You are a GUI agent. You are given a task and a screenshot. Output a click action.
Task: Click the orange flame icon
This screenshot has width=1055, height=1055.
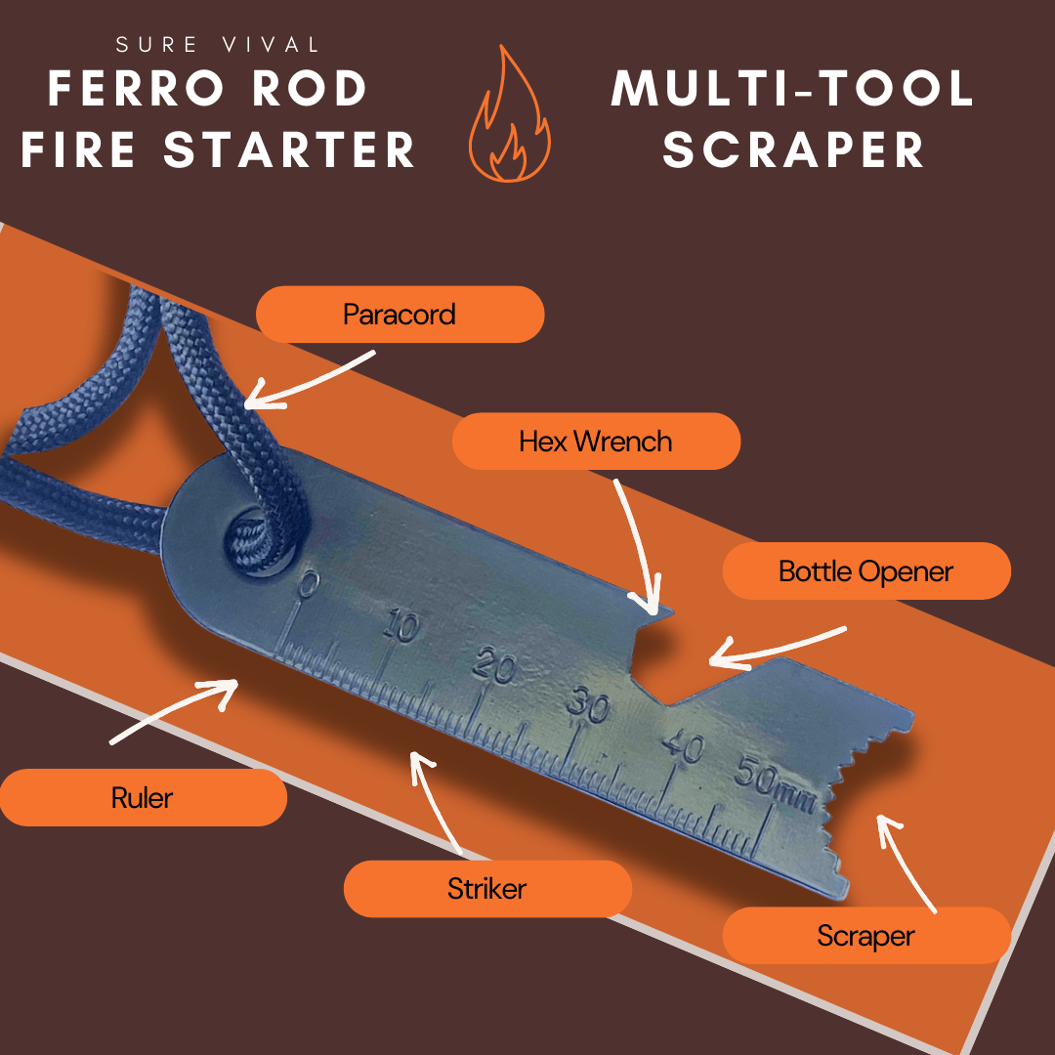[x=509, y=114]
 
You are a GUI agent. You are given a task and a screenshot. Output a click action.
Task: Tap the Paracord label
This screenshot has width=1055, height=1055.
[x=400, y=315]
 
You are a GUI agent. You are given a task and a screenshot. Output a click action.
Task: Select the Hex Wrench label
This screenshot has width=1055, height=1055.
[x=596, y=442]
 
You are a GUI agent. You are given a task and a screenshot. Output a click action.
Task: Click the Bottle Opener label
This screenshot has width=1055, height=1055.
[x=866, y=571]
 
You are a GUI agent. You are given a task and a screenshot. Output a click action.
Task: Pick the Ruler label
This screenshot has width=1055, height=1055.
[x=143, y=797]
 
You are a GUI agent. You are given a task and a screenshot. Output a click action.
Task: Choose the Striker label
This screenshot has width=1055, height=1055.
[x=487, y=889]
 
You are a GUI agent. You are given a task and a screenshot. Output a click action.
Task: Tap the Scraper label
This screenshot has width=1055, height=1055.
[x=866, y=936]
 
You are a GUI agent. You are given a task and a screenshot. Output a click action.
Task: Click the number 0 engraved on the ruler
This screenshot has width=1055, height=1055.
[x=307, y=585]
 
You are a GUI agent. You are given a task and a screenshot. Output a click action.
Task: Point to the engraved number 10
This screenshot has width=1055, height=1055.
[x=401, y=628]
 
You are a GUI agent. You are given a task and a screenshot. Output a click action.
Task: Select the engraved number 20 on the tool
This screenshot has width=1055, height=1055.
[x=494, y=666]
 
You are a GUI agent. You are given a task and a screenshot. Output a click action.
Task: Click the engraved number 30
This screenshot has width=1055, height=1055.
[x=588, y=703]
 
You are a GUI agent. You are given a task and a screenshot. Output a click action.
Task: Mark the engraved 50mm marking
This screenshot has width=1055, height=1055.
[x=775, y=783]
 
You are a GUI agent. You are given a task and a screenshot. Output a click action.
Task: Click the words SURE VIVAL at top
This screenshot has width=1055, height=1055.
[x=217, y=45]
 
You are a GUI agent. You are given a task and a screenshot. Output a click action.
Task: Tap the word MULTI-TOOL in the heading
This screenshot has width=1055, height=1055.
[x=792, y=88]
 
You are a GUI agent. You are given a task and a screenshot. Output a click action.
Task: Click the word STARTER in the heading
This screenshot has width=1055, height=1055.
[x=289, y=149]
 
